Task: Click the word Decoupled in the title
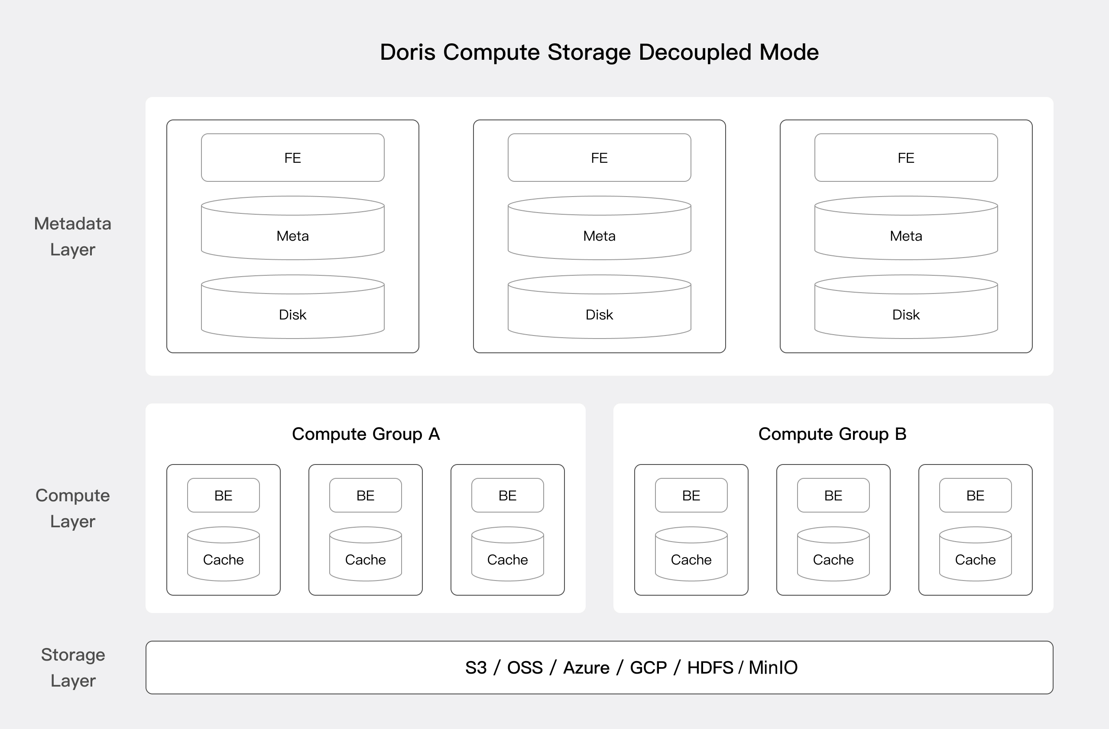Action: point(695,52)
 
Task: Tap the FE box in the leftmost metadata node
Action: point(292,158)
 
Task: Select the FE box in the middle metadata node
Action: point(599,158)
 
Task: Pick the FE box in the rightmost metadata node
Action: point(906,158)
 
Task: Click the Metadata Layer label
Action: point(73,236)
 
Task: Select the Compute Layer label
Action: point(73,508)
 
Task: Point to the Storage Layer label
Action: point(73,668)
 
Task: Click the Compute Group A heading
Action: point(366,434)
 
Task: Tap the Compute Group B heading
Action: point(832,434)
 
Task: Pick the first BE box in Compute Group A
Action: point(223,495)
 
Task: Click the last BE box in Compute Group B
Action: point(975,495)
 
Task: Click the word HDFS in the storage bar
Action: point(710,668)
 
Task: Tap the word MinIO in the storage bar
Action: point(772,668)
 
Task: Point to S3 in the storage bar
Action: point(476,668)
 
